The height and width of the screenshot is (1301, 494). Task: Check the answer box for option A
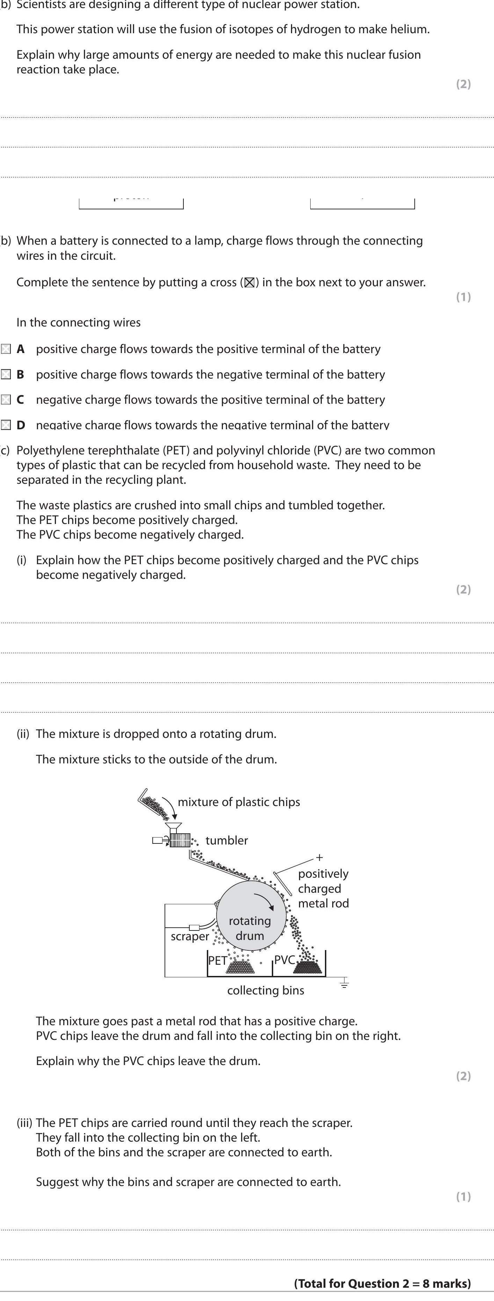6,349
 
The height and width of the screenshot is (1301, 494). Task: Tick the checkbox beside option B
6,374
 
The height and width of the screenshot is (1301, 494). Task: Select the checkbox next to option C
6,400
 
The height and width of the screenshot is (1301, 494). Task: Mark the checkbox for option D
6,425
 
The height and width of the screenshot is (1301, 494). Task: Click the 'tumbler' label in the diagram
227,840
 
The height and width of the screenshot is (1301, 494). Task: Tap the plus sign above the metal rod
319,857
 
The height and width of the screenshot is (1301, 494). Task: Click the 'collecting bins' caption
266,990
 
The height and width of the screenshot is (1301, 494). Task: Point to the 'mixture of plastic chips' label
239,802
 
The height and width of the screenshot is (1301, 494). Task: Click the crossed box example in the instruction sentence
249,283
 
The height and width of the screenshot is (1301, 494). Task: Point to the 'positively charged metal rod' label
323,889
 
